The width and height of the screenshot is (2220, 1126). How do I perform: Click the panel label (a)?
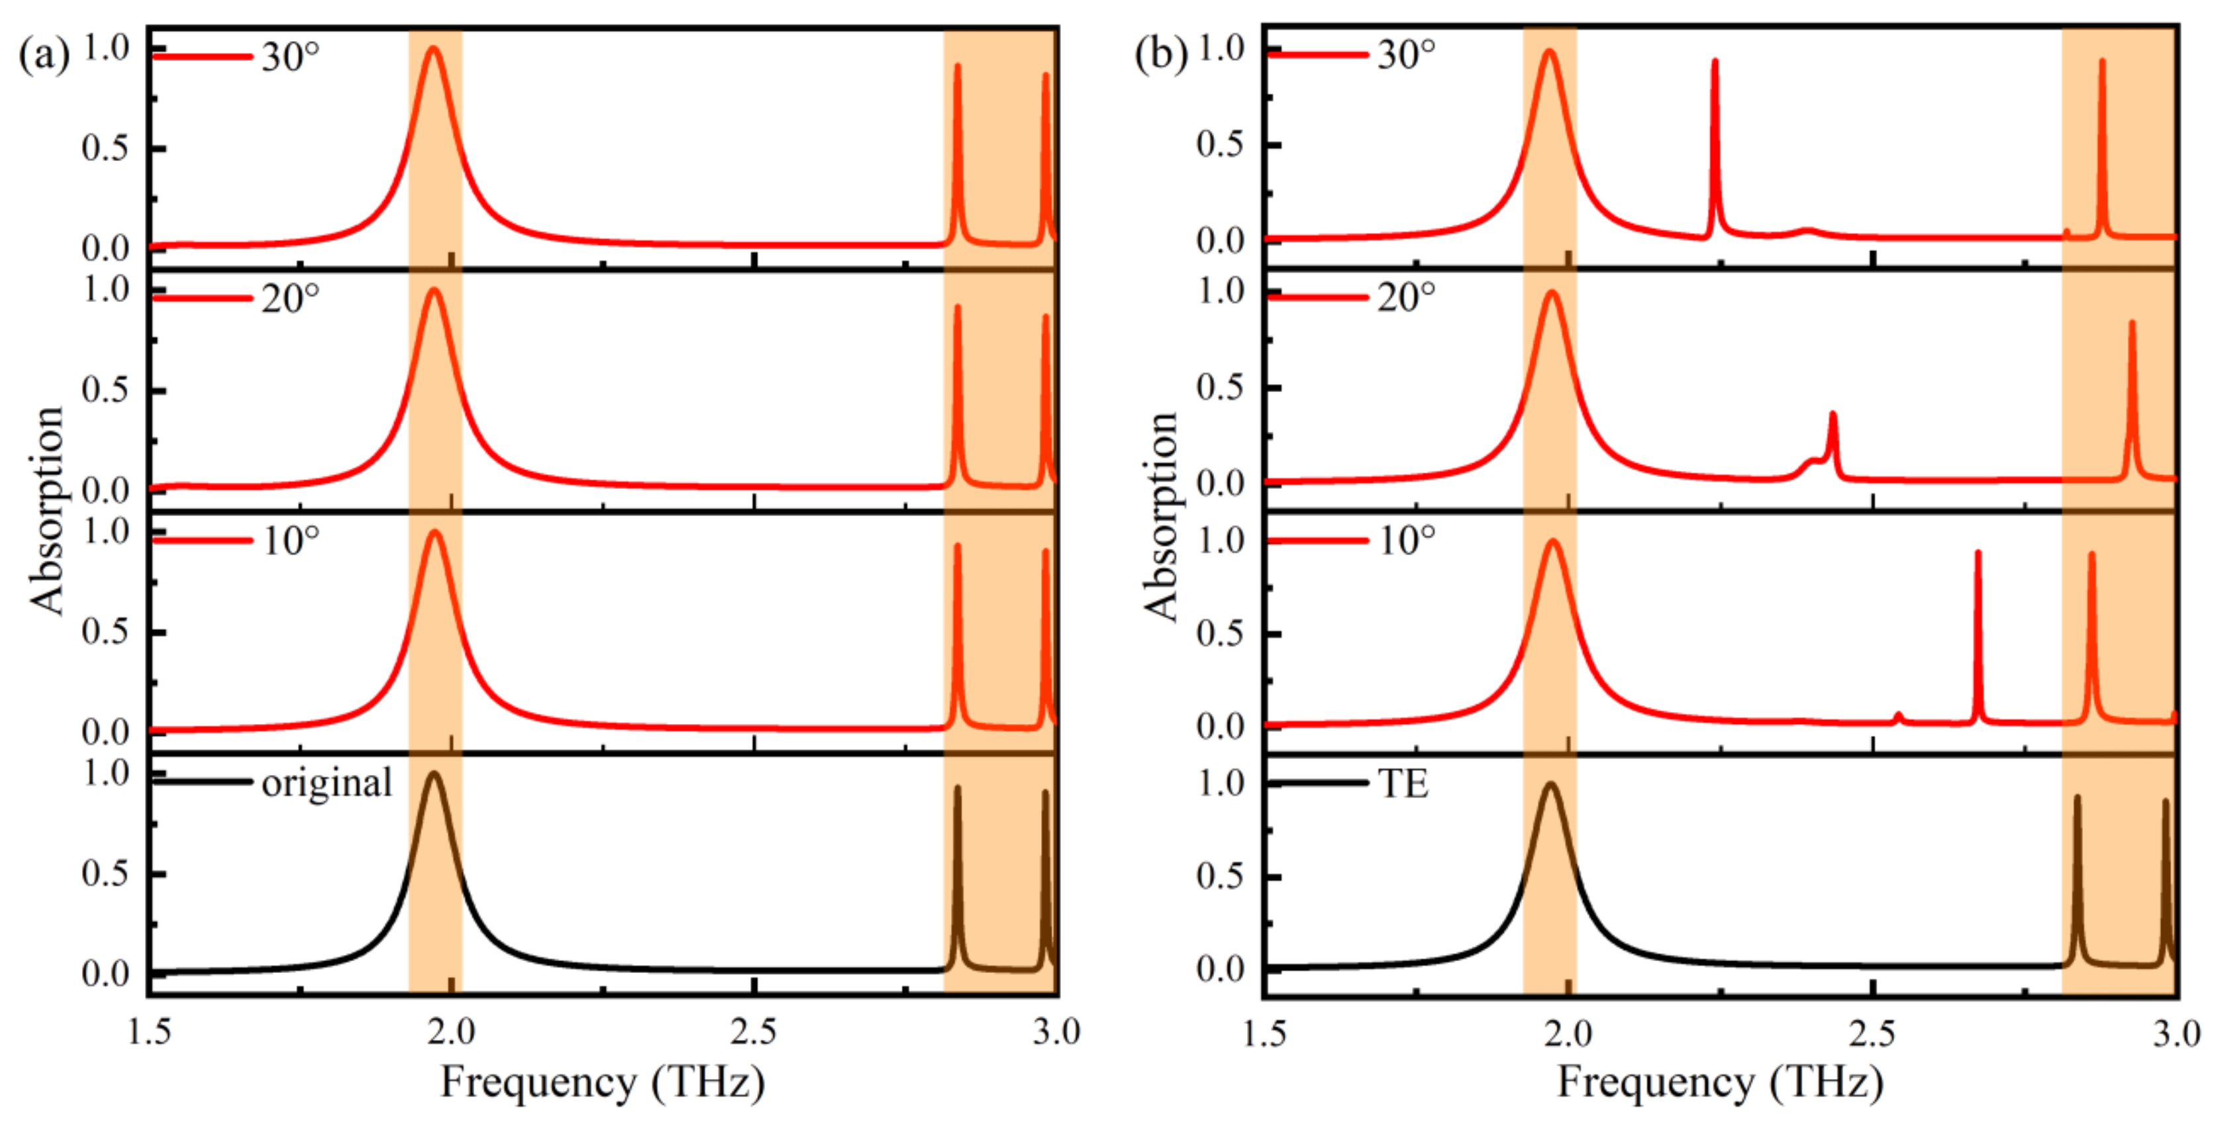(x=43, y=56)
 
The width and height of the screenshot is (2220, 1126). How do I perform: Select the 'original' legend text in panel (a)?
(x=327, y=783)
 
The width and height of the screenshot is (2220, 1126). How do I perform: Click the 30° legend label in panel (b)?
(x=1405, y=54)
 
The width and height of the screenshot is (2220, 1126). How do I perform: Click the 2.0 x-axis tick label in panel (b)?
(x=1568, y=1033)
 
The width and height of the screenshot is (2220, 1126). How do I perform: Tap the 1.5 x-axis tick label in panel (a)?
(x=149, y=1032)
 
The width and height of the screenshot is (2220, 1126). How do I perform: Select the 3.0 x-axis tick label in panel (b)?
(x=2176, y=1033)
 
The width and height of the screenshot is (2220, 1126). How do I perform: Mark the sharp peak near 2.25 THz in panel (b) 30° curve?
(x=1714, y=62)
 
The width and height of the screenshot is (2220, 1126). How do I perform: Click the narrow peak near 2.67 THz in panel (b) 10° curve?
(x=1977, y=554)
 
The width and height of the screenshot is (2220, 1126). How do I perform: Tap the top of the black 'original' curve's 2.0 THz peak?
(x=432, y=774)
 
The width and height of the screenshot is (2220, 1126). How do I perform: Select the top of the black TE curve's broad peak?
(x=1550, y=785)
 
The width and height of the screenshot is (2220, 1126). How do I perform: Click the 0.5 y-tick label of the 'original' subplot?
(x=105, y=874)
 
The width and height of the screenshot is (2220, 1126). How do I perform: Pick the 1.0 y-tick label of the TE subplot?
(x=1221, y=783)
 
